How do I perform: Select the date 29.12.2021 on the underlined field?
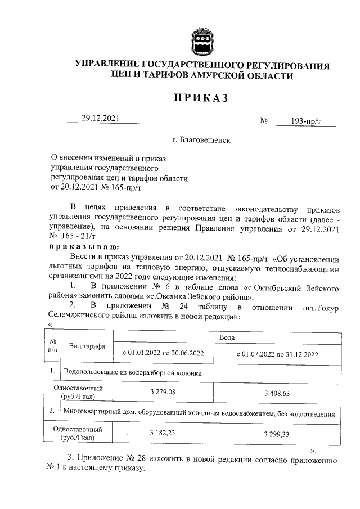click(x=101, y=119)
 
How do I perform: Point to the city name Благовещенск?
click(x=202, y=139)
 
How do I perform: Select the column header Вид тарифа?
click(x=83, y=346)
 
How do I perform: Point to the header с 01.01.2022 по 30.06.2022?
click(x=163, y=354)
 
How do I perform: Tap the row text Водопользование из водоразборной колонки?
click(x=133, y=372)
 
